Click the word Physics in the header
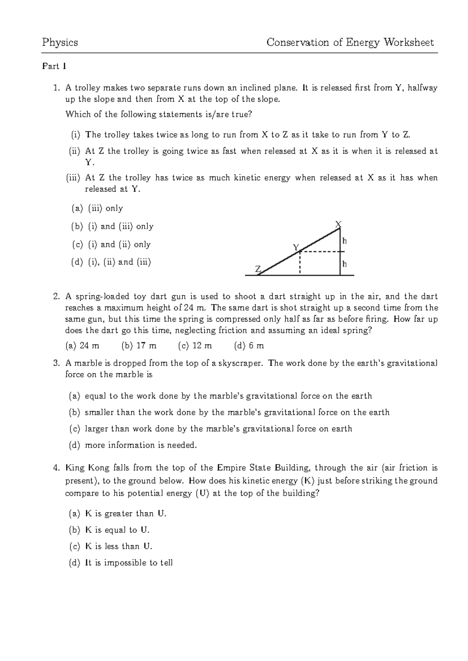(60, 42)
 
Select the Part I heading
(54, 66)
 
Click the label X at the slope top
(339, 224)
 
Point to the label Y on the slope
(296, 247)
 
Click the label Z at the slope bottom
(258, 269)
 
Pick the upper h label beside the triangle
(344, 241)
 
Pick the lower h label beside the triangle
(344, 264)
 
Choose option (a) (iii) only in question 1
(97, 209)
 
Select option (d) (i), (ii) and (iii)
(111, 262)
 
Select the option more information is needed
(140, 445)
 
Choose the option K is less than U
(118, 546)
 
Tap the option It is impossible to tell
(128, 563)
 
